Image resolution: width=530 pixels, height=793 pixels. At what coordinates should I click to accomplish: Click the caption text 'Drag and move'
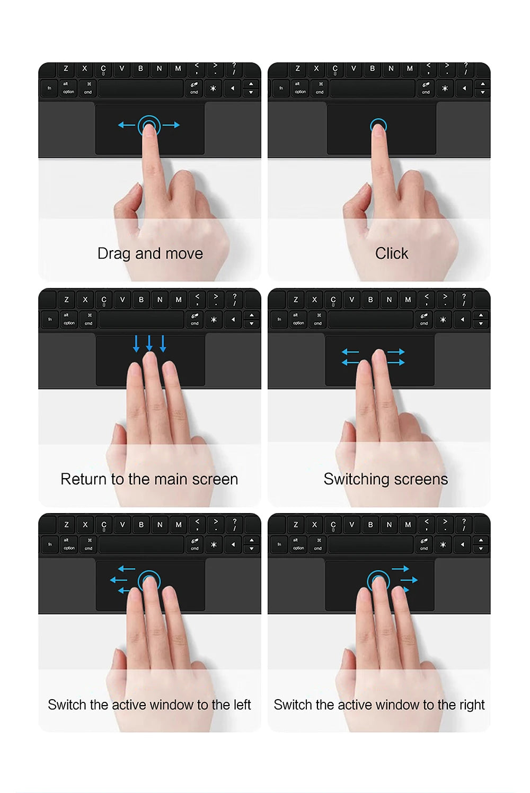pos(150,253)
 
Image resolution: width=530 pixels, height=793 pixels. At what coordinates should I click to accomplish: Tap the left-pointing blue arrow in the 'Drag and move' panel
pos(126,125)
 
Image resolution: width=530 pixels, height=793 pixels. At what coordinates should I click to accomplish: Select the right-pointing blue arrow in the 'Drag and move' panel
pos(171,125)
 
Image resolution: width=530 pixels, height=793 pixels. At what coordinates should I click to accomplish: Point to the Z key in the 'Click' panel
pos(297,69)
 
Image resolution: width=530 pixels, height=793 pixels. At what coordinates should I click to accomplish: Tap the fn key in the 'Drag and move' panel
pos(49,88)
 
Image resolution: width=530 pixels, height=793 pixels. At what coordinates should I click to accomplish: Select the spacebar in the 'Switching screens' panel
pos(370,319)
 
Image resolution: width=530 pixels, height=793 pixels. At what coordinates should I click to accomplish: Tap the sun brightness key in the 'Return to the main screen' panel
pos(214,319)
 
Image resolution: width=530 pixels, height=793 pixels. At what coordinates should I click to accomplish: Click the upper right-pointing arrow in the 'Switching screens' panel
pos(396,351)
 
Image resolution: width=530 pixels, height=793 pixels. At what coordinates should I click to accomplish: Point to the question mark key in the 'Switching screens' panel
pos(464,299)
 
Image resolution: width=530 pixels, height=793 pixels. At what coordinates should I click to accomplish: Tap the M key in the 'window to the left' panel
pos(179,525)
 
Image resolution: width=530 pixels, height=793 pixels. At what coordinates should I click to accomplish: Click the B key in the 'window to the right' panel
pos(370,525)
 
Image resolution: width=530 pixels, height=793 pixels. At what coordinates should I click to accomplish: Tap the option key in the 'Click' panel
pos(300,88)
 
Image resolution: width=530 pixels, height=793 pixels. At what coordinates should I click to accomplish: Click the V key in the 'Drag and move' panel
pos(122,69)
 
